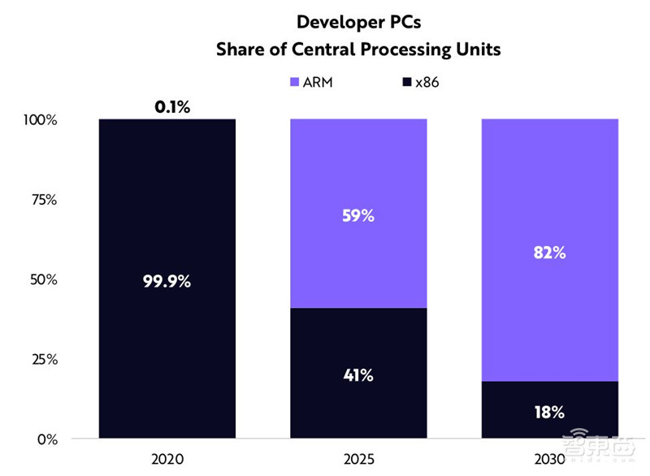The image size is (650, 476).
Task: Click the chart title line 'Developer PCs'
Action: (357, 22)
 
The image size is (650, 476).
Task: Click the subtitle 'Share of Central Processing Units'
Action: (357, 50)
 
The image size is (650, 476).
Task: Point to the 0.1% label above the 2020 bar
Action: (172, 106)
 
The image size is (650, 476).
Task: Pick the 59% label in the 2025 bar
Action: (358, 218)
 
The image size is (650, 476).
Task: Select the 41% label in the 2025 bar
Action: (358, 375)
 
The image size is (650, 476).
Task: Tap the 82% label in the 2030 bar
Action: (549, 253)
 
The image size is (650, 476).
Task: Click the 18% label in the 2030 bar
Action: (549, 412)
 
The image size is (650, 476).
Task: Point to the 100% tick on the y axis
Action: (41, 120)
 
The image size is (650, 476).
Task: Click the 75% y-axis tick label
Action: (44, 200)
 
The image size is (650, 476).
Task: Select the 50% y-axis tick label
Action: (44, 279)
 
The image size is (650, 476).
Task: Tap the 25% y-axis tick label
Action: (44, 359)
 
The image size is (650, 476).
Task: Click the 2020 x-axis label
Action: (167, 460)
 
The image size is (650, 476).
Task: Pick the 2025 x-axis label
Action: (358, 460)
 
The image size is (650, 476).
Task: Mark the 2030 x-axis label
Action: (549, 460)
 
